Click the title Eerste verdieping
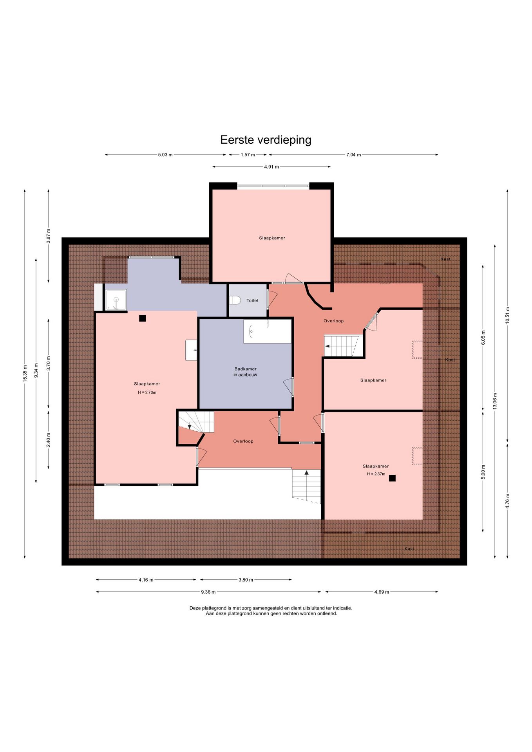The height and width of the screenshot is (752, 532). (x=266, y=140)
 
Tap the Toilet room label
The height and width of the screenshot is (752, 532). (x=252, y=300)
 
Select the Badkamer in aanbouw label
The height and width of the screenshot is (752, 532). (x=246, y=372)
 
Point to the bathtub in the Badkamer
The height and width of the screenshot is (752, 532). (x=268, y=331)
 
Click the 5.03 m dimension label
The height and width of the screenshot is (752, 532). (x=165, y=155)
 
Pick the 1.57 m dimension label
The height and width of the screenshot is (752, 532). (x=248, y=155)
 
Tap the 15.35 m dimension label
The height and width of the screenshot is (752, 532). (x=25, y=373)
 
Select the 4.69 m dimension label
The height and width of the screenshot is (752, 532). (x=382, y=592)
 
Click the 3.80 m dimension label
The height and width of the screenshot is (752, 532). (x=246, y=580)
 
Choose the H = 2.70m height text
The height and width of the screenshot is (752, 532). (x=147, y=392)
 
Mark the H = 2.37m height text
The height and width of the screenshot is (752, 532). (x=376, y=474)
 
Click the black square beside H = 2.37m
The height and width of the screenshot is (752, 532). (x=392, y=478)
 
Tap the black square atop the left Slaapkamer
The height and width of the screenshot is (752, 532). (x=142, y=318)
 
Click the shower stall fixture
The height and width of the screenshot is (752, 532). (x=116, y=300)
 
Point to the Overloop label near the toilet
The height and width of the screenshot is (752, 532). (x=333, y=321)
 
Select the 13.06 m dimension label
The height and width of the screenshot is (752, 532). (x=495, y=401)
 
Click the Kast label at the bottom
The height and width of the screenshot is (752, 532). (x=409, y=548)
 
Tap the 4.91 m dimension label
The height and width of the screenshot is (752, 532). (x=271, y=167)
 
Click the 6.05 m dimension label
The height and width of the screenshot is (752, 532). (x=483, y=338)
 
